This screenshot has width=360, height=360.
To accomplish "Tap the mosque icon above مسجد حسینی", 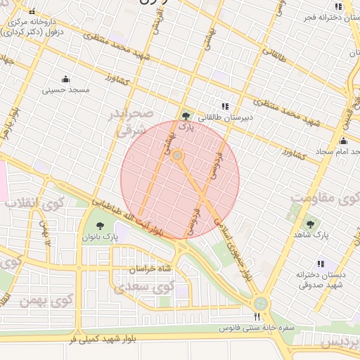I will click(x=66, y=79).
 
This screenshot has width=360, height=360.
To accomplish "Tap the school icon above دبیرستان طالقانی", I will click(x=225, y=106).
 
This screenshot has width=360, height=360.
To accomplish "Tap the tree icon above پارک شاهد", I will click(x=310, y=224).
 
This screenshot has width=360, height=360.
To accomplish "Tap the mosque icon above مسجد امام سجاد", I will click(x=343, y=141).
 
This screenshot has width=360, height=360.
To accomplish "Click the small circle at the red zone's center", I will click(x=178, y=155).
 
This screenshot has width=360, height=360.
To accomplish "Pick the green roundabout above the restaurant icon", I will click(x=262, y=303).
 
